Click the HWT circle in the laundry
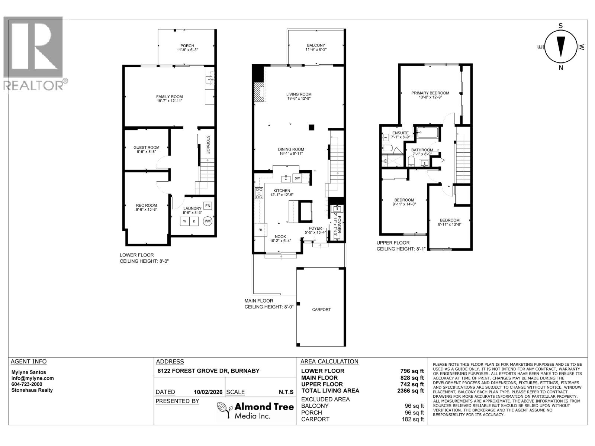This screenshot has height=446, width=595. point(208,221)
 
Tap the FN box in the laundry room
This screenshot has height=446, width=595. point(208,206)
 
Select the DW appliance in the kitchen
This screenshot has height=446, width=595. point(297,178)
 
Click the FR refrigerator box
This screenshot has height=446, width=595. point(260,230)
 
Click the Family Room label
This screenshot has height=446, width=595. point(169,97)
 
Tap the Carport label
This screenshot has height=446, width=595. point(321,309)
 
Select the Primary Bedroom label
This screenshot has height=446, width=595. point(430,93)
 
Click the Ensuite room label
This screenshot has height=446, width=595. point(400,133)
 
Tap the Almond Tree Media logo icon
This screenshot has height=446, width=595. point(224,410)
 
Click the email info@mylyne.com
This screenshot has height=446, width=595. point(32,378)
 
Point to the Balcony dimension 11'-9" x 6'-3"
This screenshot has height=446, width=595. point(315,49)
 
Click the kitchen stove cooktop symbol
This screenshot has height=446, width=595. point(259,193)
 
